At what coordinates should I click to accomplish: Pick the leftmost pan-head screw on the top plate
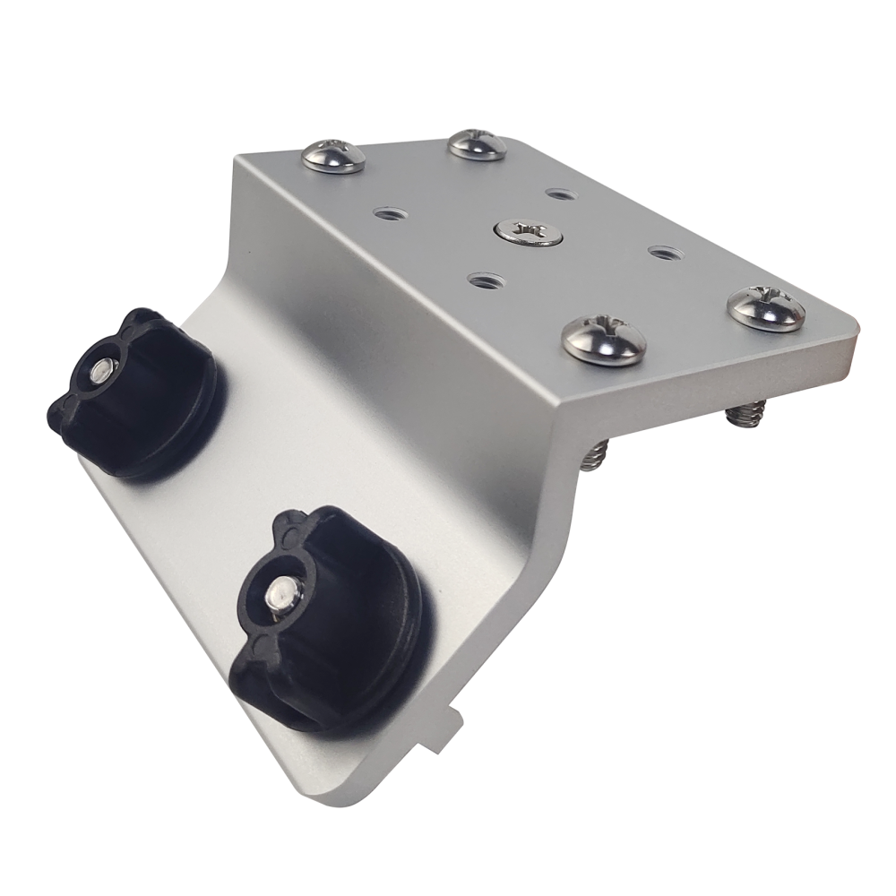point(333,157)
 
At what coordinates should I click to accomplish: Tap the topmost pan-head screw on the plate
point(477,143)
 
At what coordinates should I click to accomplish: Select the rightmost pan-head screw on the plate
point(766,308)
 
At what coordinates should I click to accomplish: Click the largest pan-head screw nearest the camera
point(605,340)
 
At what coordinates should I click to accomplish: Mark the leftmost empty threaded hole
point(388,214)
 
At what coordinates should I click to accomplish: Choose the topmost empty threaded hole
point(559,193)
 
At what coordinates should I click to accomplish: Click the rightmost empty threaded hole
point(662,254)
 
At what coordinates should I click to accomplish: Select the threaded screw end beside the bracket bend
point(592,457)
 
